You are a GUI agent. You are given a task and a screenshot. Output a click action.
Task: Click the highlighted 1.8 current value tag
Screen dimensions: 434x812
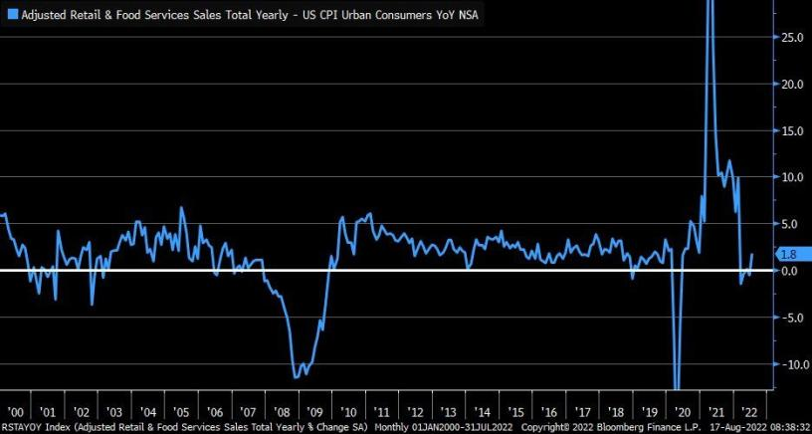pyautogui.click(x=787, y=255)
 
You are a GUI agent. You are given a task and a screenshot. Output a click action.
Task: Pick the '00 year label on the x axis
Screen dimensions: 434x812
pyautogui.click(x=15, y=410)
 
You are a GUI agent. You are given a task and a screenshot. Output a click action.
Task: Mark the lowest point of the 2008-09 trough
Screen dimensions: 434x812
pyautogui.click(x=296, y=377)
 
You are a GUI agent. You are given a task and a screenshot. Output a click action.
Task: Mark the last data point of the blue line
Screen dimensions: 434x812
pyautogui.click(x=752, y=254)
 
